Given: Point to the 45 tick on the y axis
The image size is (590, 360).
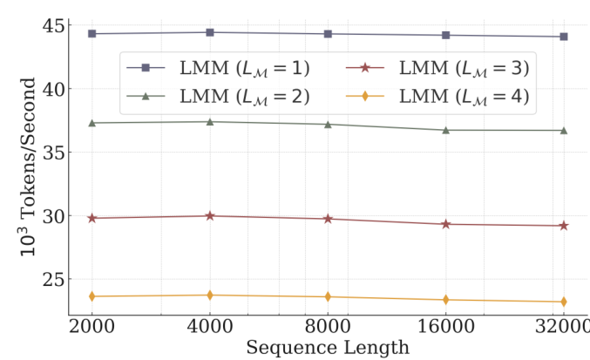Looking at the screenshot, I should pos(50,26).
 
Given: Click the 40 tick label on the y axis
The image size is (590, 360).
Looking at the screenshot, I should pos(50,89).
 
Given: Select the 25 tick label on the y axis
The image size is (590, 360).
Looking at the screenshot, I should pos(50,279).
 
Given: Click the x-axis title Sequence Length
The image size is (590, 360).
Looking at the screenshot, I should pos(328,348).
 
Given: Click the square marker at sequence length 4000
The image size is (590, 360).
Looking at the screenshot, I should pos(210,32).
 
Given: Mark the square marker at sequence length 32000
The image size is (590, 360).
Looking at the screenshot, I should pos(564,37).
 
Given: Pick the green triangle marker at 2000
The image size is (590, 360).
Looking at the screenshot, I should pos(92,123).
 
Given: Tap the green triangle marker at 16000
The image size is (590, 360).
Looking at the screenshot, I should pos(446,130).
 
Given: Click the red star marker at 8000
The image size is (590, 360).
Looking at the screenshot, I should pos(328,219).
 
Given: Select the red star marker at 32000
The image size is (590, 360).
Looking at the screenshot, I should pos(564,226).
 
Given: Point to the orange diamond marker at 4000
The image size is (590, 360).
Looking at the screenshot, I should pos(210,295).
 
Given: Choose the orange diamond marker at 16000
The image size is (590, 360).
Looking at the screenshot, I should pos(446,300).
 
